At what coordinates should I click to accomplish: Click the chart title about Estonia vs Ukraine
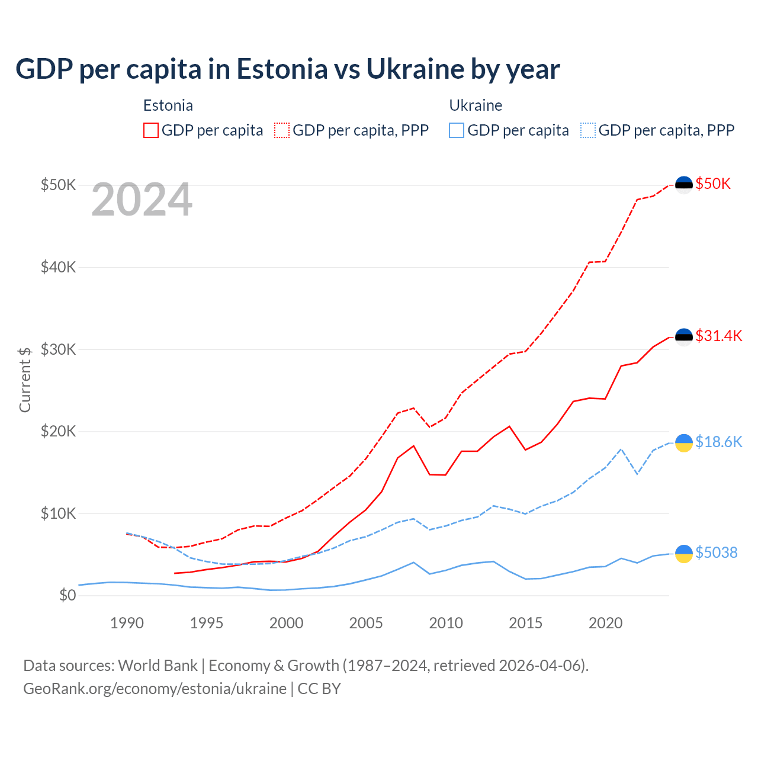pos(288,69)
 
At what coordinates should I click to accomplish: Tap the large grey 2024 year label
pos(142,200)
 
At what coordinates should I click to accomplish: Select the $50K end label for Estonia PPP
pos(713,184)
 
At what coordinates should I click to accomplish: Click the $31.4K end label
pos(718,336)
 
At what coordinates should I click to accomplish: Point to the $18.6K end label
pos(718,442)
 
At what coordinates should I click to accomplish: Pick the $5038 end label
pos(716,553)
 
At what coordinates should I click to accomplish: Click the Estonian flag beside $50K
pos(684,185)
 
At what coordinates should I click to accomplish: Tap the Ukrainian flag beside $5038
pos(684,554)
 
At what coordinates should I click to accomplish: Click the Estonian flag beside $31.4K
pos(684,337)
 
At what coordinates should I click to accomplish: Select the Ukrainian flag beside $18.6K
pos(684,443)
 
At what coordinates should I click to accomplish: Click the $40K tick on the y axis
pos(58,267)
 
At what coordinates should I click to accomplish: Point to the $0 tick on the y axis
pos(68,595)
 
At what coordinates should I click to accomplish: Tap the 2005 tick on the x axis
pos(366,623)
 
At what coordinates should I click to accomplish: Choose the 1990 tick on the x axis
pos(127,623)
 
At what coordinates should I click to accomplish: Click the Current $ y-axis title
pos(25,380)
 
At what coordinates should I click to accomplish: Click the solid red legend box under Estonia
pos(151,130)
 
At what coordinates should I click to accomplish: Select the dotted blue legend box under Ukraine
pos(588,130)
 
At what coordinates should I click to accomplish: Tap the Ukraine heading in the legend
pos(476,105)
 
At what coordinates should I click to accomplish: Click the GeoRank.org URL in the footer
pos(155,689)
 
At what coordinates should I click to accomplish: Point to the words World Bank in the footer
pos(158,666)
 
